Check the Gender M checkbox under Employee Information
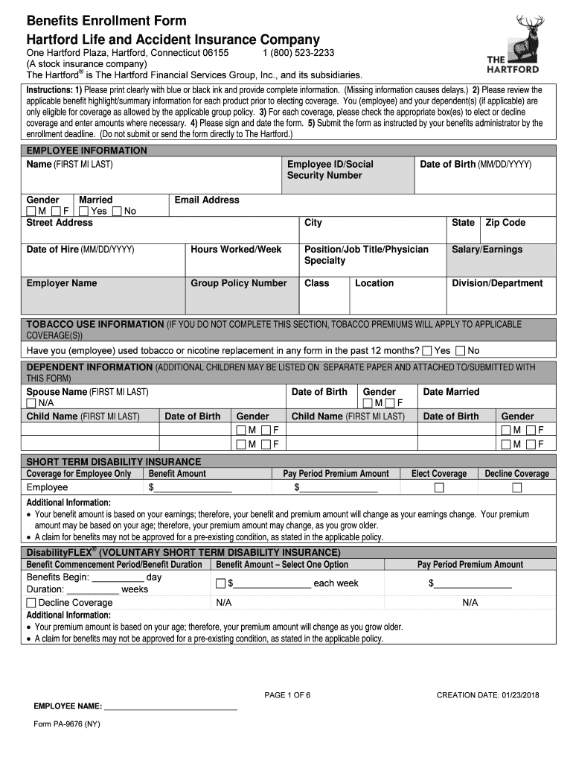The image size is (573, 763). tap(31, 212)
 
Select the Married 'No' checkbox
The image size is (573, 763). tap(117, 212)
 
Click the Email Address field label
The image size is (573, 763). tap(207, 200)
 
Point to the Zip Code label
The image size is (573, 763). tap(505, 223)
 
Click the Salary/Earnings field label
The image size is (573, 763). tap(487, 250)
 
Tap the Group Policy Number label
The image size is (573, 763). tap(238, 283)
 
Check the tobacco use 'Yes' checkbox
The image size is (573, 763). tap(427, 351)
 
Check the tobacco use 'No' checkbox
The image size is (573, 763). tap(460, 351)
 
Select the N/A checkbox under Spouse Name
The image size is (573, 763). tap(31, 403)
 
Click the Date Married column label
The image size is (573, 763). tap(451, 392)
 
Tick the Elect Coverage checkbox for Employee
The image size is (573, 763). tap(439, 488)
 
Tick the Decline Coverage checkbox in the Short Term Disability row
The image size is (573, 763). tap(517, 488)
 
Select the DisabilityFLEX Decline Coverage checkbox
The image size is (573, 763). tap(31, 603)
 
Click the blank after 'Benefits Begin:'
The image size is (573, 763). tap(118, 578)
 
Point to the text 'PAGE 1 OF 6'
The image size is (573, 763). tap(287, 695)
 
